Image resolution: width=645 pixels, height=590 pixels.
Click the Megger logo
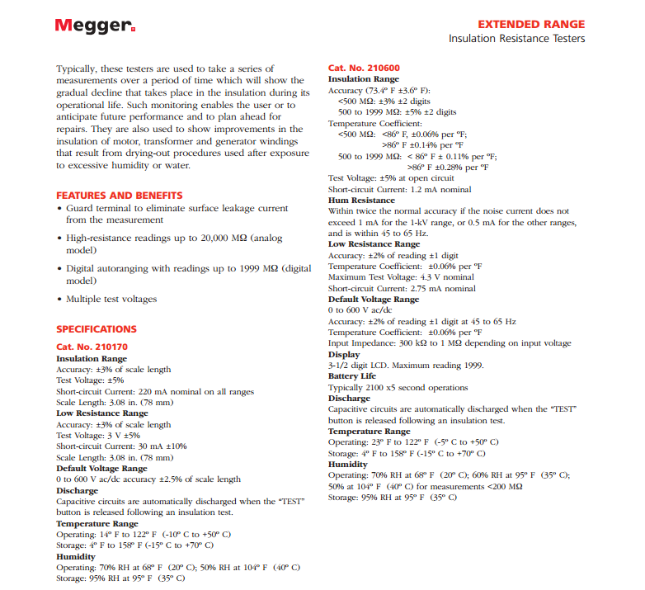pyautogui.click(x=95, y=25)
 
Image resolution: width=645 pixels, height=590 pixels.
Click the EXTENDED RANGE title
pyautogui.click(x=531, y=24)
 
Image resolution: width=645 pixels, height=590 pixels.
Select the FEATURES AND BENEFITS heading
pyautogui.click(x=120, y=196)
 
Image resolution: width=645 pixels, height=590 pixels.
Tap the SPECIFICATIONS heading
pyautogui.click(x=97, y=328)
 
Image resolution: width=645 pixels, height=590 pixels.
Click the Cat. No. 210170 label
pyautogui.click(x=92, y=347)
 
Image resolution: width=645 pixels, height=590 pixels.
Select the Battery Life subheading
pyautogui.click(x=352, y=376)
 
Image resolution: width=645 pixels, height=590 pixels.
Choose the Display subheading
pyautogui.click(x=344, y=354)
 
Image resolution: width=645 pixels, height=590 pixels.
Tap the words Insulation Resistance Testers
pyautogui.click(x=516, y=39)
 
